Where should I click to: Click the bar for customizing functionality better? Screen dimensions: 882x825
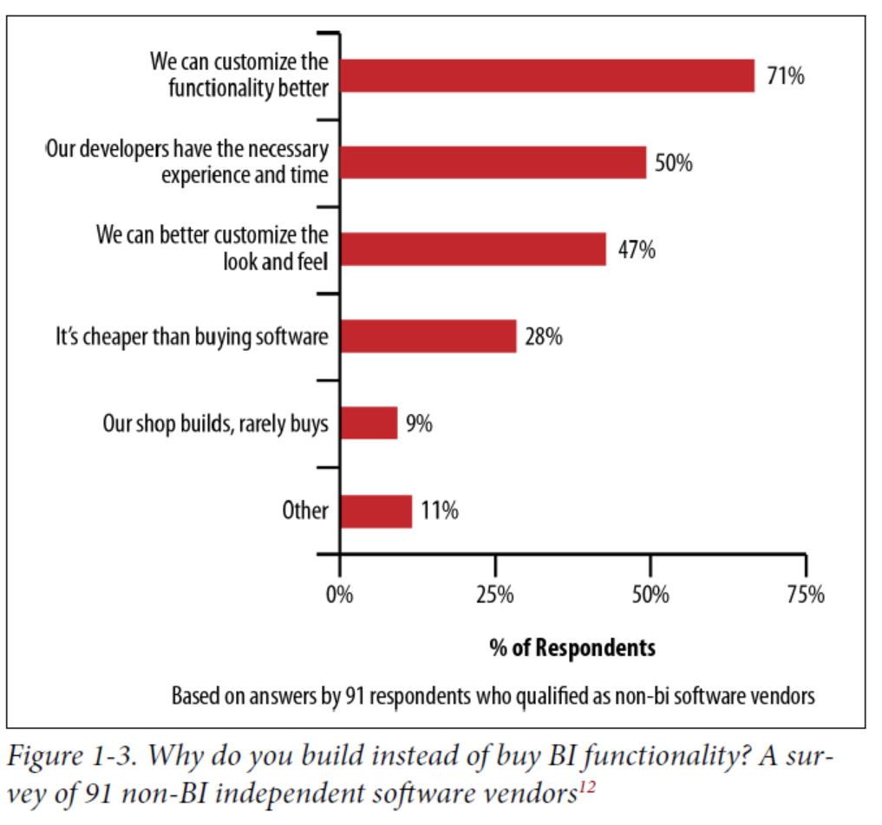tap(547, 76)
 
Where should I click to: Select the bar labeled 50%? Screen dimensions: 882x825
tap(493, 162)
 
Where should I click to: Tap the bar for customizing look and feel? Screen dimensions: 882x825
tap(473, 249)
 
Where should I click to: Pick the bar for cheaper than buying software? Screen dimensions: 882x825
tap(428, 336)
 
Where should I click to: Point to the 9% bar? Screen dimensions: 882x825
tap(369, 423)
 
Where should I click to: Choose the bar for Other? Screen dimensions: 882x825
tap(376, 511)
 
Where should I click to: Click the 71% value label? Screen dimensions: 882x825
tap(786, 76)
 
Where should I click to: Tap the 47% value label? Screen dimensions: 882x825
tap(637, 250)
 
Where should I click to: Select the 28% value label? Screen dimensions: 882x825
tap(544, 336)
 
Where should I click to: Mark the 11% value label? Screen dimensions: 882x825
tap(440, 510)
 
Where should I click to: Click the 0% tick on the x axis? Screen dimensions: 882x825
tap(340, 594)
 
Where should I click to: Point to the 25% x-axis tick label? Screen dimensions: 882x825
tap(495, 594)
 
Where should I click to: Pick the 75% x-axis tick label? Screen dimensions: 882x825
tap(806, 594)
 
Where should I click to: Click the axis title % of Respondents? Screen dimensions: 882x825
tap(572, 648)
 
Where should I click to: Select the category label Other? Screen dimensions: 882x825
tap(305, 510)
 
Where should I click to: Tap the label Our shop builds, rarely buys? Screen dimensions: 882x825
tap(215, 424)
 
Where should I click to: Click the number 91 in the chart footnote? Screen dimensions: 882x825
tap(355, 696)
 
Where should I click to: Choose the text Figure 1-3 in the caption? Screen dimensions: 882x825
tap(71, 756)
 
